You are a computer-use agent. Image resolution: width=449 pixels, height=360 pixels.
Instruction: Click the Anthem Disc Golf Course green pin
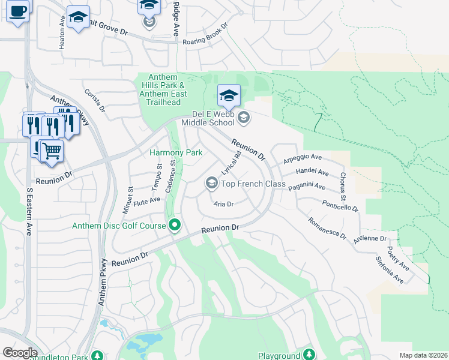click(175, 226)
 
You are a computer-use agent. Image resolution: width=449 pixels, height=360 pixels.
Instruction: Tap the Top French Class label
click(253, 184)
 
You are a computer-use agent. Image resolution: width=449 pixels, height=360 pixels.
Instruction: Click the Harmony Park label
click(176, 153)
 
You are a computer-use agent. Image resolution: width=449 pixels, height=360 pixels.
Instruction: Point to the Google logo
click(20, 353)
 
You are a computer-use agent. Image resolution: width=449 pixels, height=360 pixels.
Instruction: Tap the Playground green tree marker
click(309, 355)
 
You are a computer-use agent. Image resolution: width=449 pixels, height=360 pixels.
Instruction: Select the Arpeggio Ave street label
click(303, 159)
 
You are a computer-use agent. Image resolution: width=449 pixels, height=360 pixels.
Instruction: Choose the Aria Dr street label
click(223, 204)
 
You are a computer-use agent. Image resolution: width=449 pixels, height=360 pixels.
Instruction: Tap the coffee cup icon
click(18, 10)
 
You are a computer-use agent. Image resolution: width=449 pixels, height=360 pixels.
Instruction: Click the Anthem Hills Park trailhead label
click(164, 90)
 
